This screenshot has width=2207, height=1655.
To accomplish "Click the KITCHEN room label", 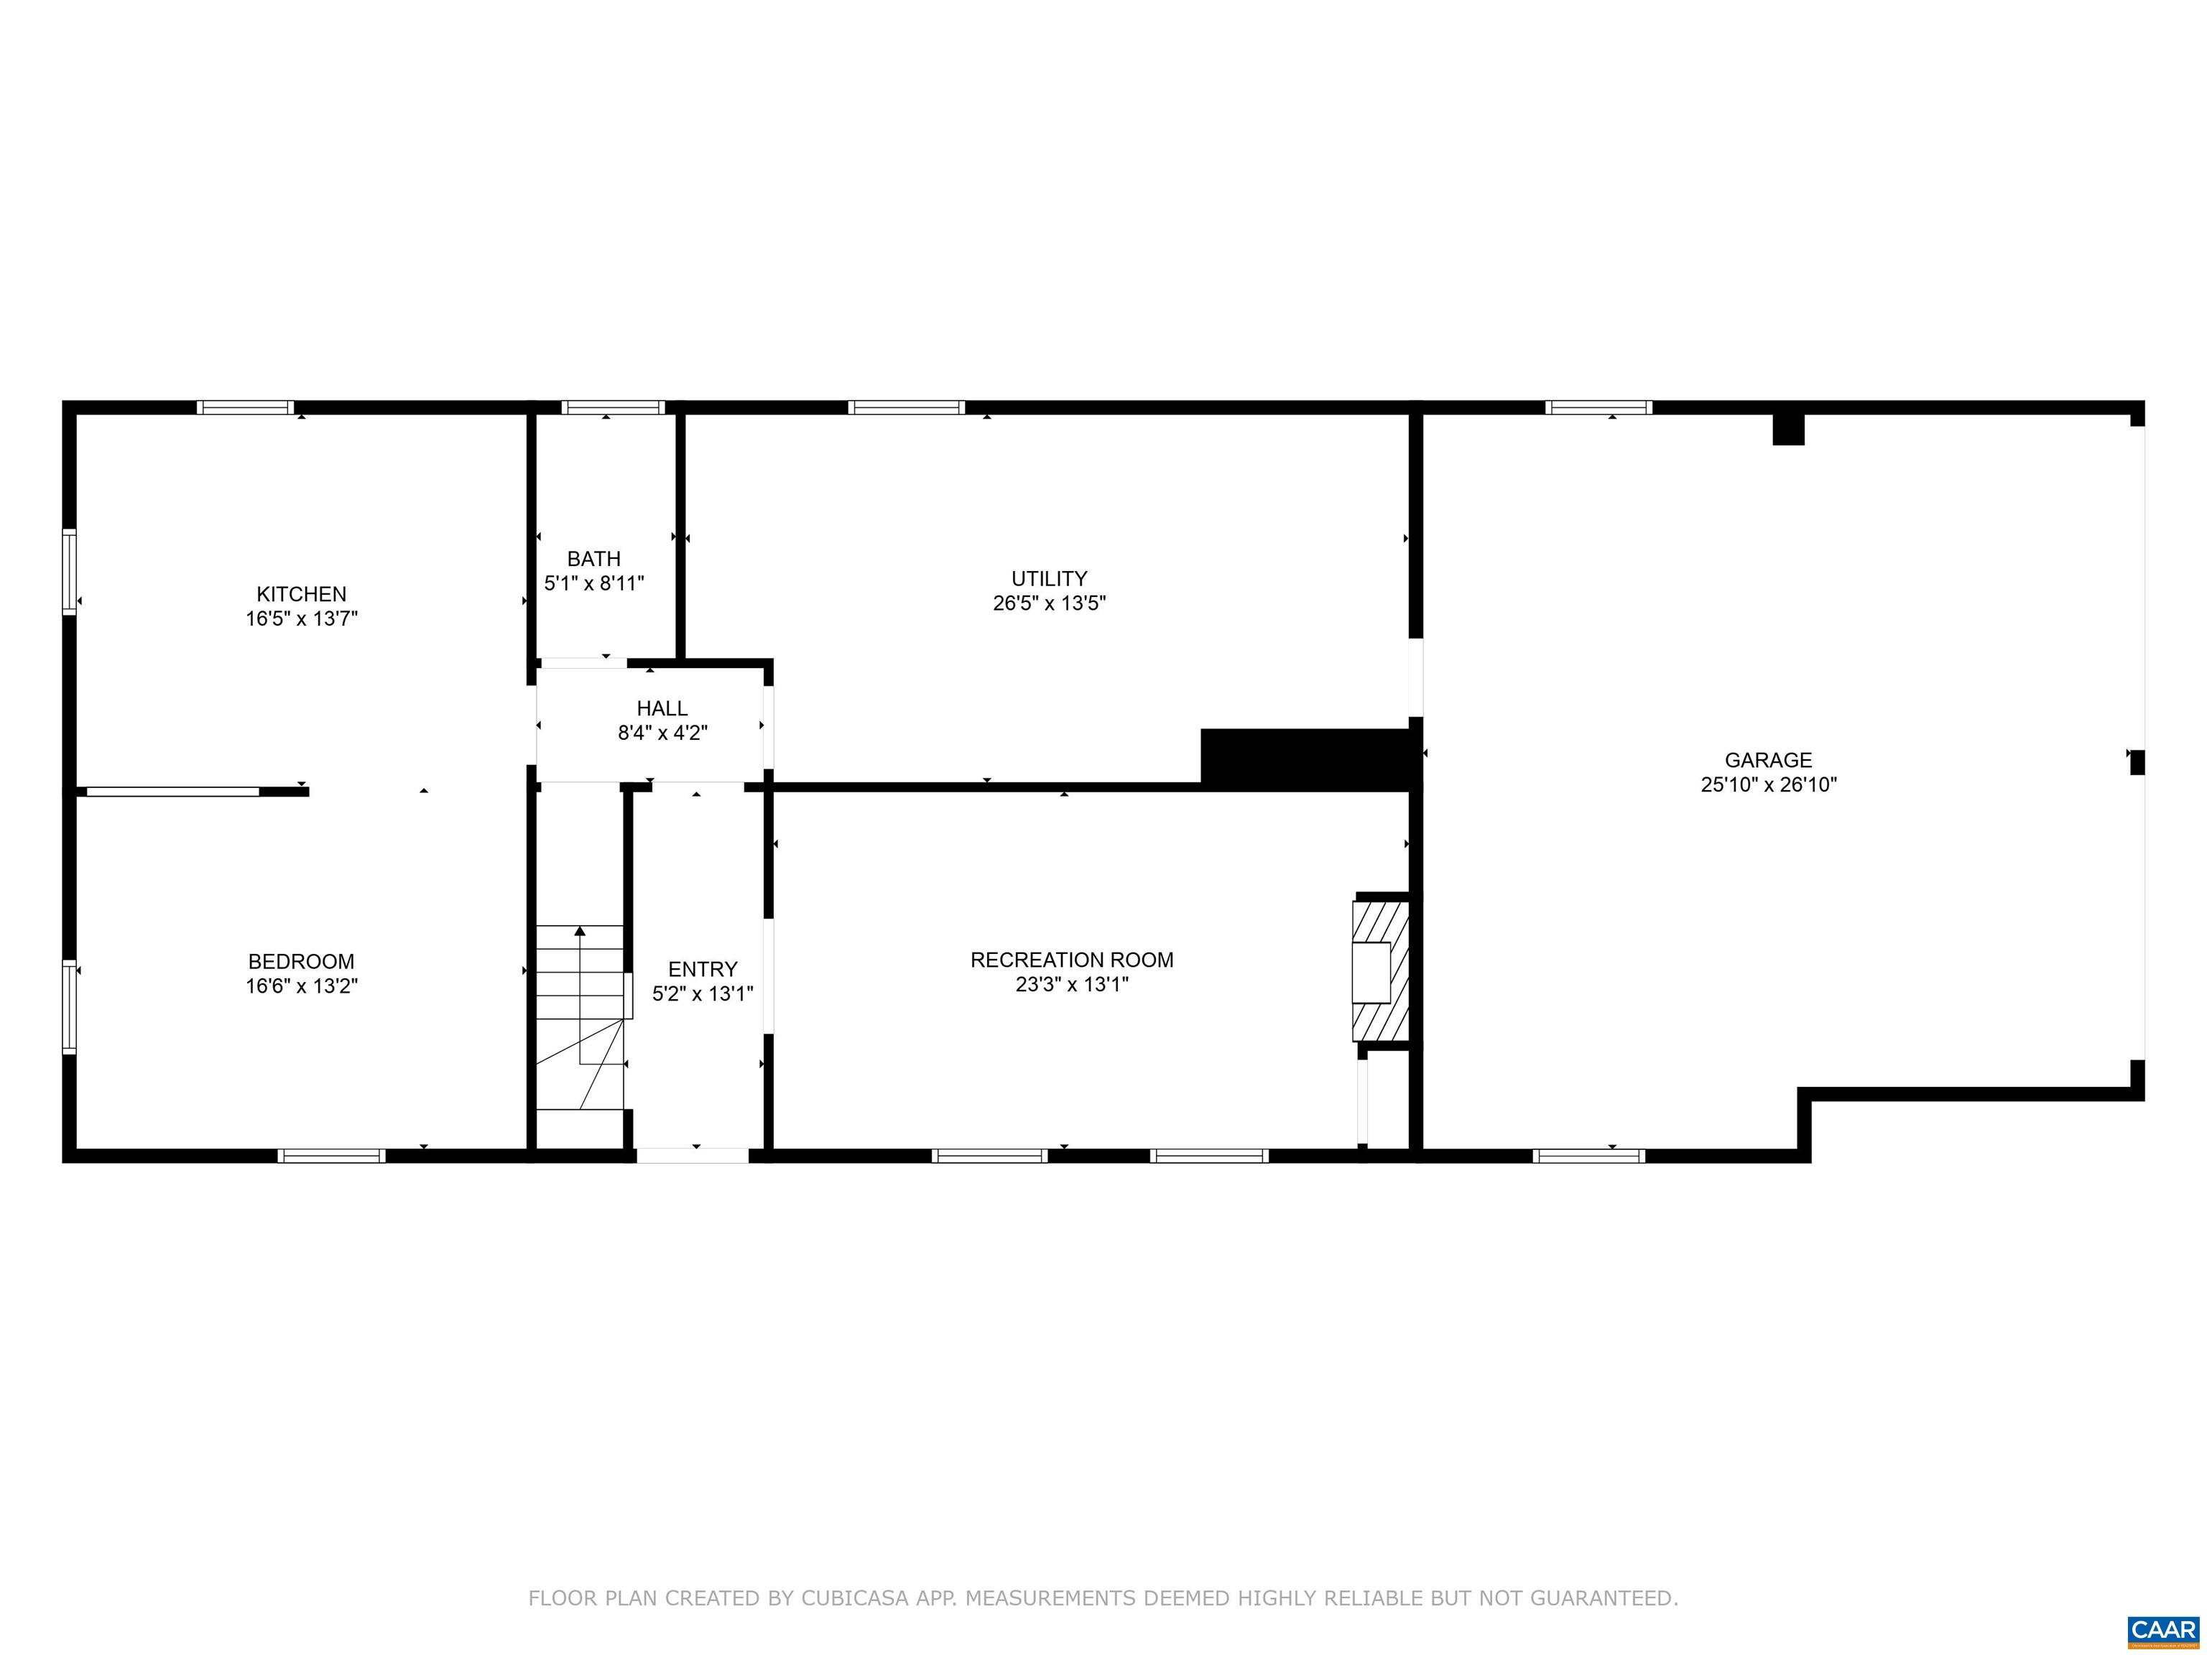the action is coord(301,593).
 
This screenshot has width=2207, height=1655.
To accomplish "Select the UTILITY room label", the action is coord(1049,578).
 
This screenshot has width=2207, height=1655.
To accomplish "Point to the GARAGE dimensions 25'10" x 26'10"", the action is coord(1768,784).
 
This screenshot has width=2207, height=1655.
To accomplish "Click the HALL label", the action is coord(662,708).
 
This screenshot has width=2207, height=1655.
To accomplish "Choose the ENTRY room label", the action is coord(703,969).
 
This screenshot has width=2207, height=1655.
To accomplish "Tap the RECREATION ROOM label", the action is coord(1072,960).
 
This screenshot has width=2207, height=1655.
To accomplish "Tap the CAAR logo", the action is coord(2162,1629).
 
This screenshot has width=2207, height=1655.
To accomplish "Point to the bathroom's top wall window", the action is coord(613,407).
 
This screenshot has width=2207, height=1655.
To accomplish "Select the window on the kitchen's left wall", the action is coord(69,572).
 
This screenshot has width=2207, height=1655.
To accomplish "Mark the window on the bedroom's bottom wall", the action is coord(331,1156).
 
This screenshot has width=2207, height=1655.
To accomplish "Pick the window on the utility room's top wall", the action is coord(906,407).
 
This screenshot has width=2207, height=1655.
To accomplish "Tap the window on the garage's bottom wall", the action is coord(1589,1156).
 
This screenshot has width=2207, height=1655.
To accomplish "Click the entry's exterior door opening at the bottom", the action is coord(693,1156).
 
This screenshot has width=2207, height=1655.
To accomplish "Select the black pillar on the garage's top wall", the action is coord(1788,429).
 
